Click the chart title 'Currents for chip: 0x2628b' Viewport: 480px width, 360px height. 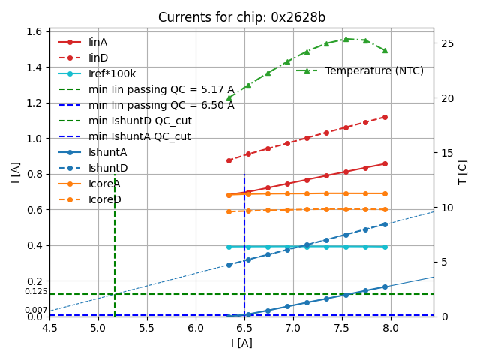click(x=241, y=18)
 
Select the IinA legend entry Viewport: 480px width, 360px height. click(x=98, y=42)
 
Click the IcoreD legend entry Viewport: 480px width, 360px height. click(x=104, y=199)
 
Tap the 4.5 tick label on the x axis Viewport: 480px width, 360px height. click(x=49, y=328)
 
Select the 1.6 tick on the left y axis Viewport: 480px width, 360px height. click(x=34, y=31)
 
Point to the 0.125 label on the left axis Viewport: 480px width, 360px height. click(x=35, y=291)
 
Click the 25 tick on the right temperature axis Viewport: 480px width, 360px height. click(x=444, y=43)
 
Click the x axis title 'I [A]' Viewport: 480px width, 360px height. click(x=241, y=343)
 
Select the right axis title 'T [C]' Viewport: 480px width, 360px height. click(x=463, y=172)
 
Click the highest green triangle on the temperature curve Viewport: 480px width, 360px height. click(x=346, y=39)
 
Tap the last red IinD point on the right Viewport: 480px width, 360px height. click(x=385, y=117)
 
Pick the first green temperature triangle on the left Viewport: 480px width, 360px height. click(x=229, y=97)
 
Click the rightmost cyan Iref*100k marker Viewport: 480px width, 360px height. click(x=385, y=246)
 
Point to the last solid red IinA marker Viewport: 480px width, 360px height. click(x=385, y=163)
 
